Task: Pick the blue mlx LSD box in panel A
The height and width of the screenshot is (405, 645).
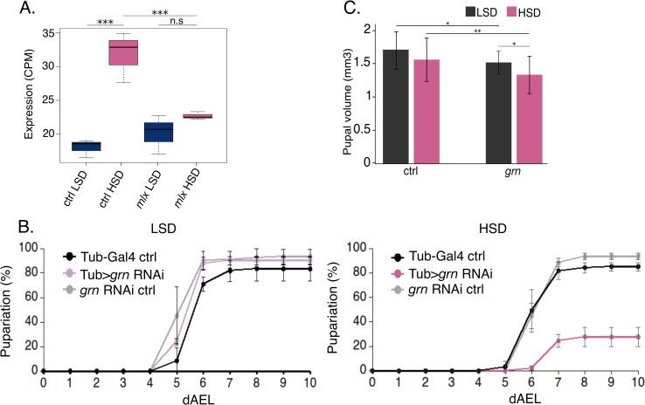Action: (158, 132)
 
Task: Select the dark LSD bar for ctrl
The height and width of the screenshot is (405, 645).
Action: (396, 105)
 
